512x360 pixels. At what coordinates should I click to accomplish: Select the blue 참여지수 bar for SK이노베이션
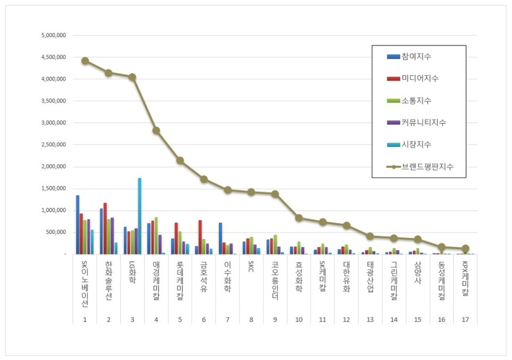[x=77, y=225]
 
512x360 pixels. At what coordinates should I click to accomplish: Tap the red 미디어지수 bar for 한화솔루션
[x=105, y=228]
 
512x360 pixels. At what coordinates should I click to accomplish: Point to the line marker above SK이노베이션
[x=85, y=61]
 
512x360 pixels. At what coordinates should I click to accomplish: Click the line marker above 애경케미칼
[x=156, y=130]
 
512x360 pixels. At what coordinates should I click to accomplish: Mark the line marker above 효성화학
[x=299, y=218]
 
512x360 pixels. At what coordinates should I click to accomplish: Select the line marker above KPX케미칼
[x=465, y=249]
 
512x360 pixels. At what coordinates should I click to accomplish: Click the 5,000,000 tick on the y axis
[x=53, y=35]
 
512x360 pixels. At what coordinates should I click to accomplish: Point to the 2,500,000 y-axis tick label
[x=53, y=145]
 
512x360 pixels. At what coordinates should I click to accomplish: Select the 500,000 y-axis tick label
[x=55, y=232]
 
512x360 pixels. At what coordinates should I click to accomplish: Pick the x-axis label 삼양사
[x=418, y=273]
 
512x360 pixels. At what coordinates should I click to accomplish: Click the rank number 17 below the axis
[x=465, y=319]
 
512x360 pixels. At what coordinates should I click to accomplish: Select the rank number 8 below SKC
[x=251, y=319]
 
